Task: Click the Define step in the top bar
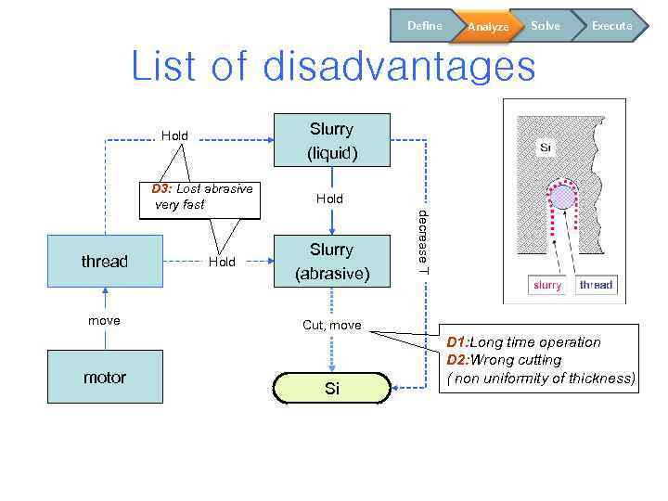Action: coord(424,26)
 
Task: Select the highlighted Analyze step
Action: coord(488,27)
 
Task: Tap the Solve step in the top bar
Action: coord(546,26)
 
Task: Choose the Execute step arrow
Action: coord(611,26)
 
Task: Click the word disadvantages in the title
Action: coord(399,67)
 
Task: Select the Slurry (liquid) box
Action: coord(331,140)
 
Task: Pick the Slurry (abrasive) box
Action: coord(331,262)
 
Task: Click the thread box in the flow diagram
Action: coord(105,262)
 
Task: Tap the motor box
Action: coord(105,377)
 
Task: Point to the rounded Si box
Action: coord(331,389)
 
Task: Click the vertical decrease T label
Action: coord(423,241)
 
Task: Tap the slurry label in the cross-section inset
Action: coord(547,285)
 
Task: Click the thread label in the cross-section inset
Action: coord(596,285)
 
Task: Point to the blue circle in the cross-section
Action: coord(563,196)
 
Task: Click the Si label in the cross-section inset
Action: coord(546,148)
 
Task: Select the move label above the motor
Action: coord(104,320)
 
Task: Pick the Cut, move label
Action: coord(332,326)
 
